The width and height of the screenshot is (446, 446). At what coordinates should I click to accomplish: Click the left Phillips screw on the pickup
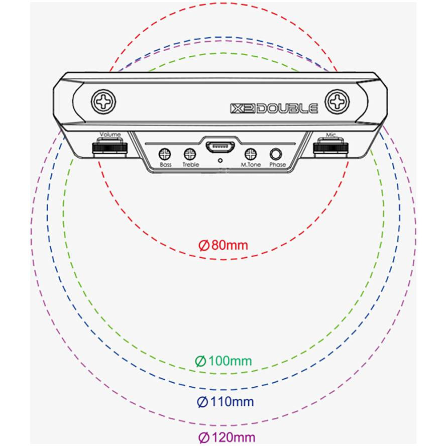tap(103, 101)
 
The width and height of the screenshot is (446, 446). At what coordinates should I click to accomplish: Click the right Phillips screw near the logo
tap(337, 101)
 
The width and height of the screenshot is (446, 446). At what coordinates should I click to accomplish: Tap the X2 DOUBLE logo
tap(274, 108)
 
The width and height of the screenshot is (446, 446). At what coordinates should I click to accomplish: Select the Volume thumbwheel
tap(110, 148)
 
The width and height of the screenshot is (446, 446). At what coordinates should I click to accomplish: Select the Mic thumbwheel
tap(331, 148)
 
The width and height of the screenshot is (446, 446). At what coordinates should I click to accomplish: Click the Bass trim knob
tap(164, 155)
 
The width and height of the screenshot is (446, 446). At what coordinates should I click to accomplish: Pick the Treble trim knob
tap(190, 155)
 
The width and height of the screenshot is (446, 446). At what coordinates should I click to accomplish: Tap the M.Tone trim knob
tap(251, 155)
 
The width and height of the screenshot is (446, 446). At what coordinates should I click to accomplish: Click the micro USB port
tap(220, 147)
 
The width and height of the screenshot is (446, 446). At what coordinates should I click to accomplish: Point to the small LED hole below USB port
tap(220, 161)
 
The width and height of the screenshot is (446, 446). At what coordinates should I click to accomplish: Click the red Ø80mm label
tap(223, 245)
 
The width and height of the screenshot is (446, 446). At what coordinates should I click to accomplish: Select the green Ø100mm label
tap(224, 361)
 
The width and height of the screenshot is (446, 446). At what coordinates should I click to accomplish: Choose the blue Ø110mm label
tap(226, 402)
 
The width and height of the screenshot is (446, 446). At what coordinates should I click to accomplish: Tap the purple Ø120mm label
tap(227, 437)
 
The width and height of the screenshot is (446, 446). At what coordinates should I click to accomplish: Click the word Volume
tap(110, 134)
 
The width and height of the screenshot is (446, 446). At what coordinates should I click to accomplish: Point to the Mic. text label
tap(331, 135)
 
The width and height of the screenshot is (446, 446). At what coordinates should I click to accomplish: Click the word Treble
tap(190, 164)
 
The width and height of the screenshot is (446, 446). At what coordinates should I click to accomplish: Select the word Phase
tap(278, 164)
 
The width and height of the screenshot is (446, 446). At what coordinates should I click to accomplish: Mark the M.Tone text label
tap(251, 164)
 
